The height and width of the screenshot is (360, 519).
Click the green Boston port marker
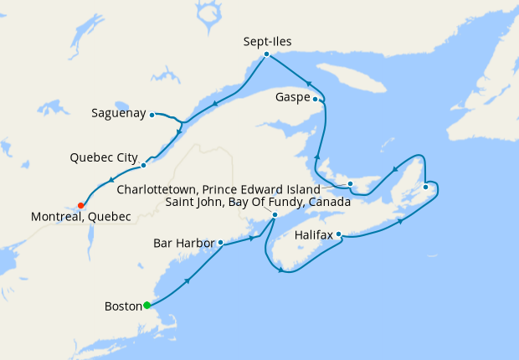147,305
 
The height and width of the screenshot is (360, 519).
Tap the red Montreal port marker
80,205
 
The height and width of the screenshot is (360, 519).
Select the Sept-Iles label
267,40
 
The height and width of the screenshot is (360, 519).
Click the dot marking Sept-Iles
266,54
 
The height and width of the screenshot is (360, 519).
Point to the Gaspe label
293,98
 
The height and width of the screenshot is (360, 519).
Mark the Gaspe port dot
316,98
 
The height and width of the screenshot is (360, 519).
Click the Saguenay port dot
152,115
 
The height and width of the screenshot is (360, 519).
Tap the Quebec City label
104,157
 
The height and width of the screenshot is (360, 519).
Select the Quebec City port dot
143,165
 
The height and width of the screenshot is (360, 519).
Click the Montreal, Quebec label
81,217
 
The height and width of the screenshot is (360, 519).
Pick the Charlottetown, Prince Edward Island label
218,189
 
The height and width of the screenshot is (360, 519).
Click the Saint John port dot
275,214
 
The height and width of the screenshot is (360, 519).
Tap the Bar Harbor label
184,244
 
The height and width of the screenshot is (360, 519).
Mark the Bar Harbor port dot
220,243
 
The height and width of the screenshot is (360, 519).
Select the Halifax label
315,235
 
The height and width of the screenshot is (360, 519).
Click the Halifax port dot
339,235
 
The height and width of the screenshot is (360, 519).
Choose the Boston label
122,306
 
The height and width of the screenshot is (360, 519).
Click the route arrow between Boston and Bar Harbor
187,280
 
